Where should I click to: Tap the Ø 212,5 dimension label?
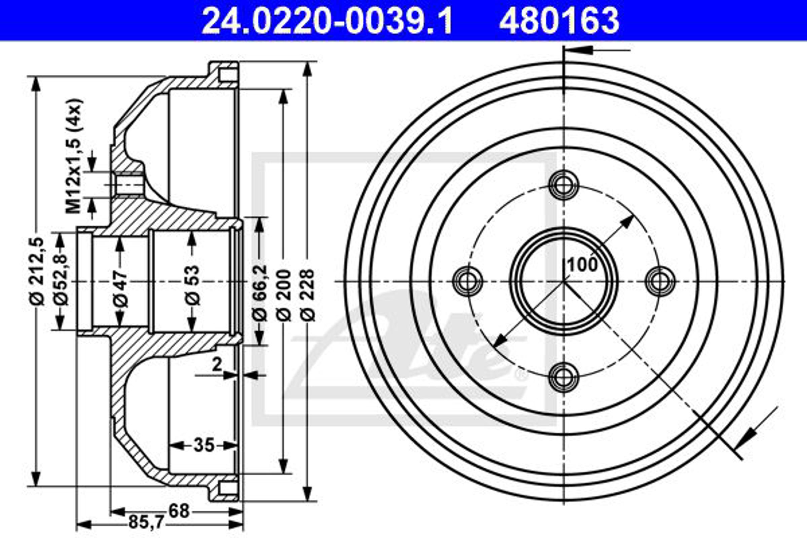tap(37, 271)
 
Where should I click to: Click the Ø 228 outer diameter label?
tap(308, 295)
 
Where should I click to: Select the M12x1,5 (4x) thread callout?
tap(74, 156)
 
